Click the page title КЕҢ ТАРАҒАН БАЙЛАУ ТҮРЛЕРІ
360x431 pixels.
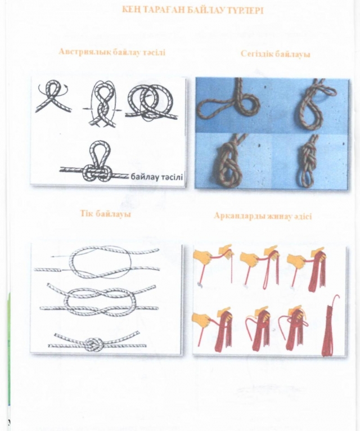pyautogui.click(x=192, y=10)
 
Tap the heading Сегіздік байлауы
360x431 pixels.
pyautogui.click(x=276, y=53)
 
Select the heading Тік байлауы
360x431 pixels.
pyautogui.click(x=105, y=214)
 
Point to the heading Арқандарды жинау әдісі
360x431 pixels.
pyautogui.click(x=263, y=216)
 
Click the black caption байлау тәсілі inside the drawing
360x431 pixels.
pyautogui.click(x=156, y=177)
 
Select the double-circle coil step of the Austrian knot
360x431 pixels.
pyautogui.click(x=151, y=102)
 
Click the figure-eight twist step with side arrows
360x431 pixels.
pyautogui.click(x=102, y=104)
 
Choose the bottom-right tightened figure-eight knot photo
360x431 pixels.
pyautogui.click(x=308, y=161)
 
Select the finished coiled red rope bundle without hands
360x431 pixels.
pyautogui.click(x=330, y=326)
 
